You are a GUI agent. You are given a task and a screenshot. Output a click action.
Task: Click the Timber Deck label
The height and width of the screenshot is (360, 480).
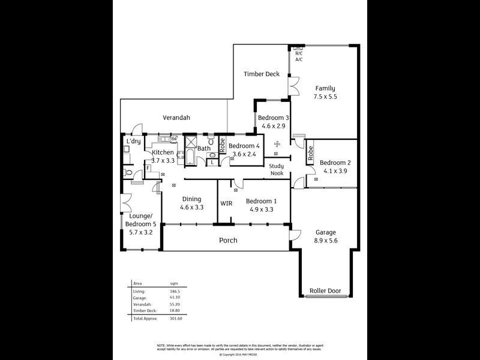pyautogui.click(x=261, y=74)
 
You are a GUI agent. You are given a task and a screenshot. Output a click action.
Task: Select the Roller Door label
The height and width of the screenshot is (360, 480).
pyautogui.click(x=325, y=291)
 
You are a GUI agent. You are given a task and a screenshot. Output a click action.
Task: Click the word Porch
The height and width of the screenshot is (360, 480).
pyautogui.click(x=228, y=241)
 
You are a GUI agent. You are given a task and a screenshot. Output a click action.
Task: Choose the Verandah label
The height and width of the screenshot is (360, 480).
pyautogui.click(x=177, y=118)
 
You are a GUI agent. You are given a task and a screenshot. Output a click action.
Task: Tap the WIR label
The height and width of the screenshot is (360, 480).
pyautogui.click(x=226, y=203)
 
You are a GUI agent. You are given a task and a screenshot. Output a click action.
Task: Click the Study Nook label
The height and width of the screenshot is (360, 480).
pyautogui.click(x=276, y=170)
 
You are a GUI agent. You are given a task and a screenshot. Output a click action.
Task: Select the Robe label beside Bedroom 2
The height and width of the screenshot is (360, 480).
pyautogui.click(x=311, y=154)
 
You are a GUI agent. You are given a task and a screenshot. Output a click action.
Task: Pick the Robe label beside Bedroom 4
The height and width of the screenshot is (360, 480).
pyautogui.click(x=222, y=145)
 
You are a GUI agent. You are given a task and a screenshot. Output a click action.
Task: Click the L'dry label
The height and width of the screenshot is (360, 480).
pyautogui.click(x=133, y=142)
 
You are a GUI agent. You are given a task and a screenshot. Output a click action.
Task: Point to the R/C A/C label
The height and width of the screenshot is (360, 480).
pyautogui.click(x=298, y=56)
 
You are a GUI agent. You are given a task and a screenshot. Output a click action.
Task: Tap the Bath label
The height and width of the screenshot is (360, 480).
pyautogui.click(x=204, y=148)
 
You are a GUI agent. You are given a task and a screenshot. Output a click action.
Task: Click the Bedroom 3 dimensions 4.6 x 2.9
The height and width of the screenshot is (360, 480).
pyautogui.click(x=274, y=126)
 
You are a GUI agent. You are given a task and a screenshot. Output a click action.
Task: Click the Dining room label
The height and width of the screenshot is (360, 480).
pyautogui.click(x=192, y=199)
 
